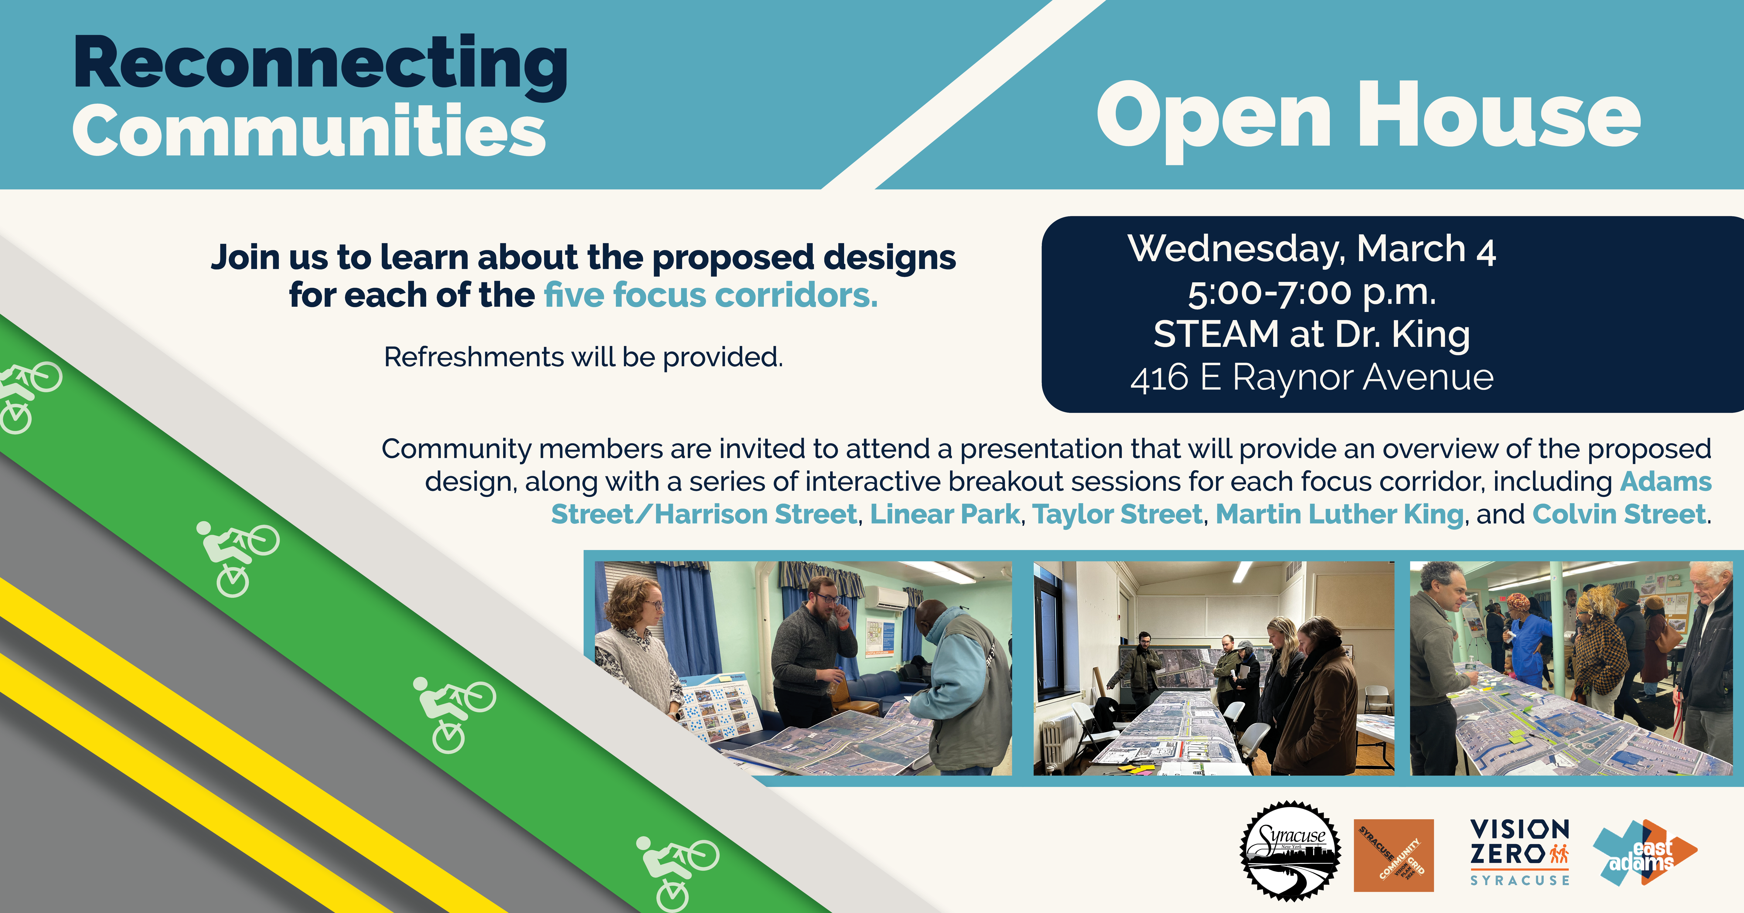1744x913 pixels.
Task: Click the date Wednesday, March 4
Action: [x=1311, y=249]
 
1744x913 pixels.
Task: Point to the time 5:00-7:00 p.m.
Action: [x=1311, y=292]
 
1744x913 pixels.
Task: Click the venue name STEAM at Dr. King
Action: [x=1311, y=334]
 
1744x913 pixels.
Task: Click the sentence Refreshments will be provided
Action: [x=583, y=357]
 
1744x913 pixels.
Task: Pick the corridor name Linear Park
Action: [x=944, y=514]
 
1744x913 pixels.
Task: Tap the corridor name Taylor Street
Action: [x=1117, y=514]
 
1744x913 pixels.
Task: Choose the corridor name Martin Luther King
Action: [x=1339, y=514]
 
